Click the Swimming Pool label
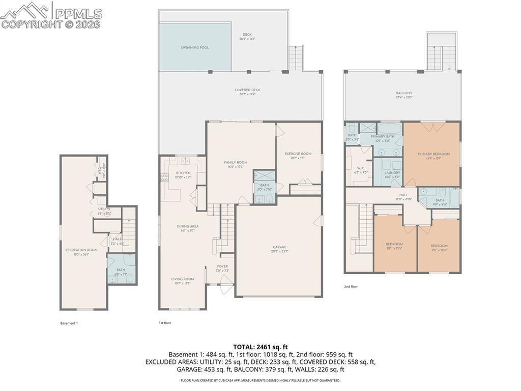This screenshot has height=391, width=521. point(195,47)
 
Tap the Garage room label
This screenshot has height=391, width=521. point(279,247)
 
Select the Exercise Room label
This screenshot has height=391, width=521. point(298,153)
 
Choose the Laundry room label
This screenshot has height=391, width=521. point(392,172)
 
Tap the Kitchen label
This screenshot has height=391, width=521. point(183,173)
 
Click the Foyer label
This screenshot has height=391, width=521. point(222,266)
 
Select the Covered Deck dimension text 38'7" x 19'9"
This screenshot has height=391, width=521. point(247,94)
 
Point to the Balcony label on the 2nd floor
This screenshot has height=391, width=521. point(404,93)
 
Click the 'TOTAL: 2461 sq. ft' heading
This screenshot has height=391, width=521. point(260,347)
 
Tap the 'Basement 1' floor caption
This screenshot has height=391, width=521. point(69,323)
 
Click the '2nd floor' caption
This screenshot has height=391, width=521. point(351,286)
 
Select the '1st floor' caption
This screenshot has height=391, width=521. point(165,323)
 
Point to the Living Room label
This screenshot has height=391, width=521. point(182,279)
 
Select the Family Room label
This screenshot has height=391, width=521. point(236,162)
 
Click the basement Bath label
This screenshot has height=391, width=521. point(121,270)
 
